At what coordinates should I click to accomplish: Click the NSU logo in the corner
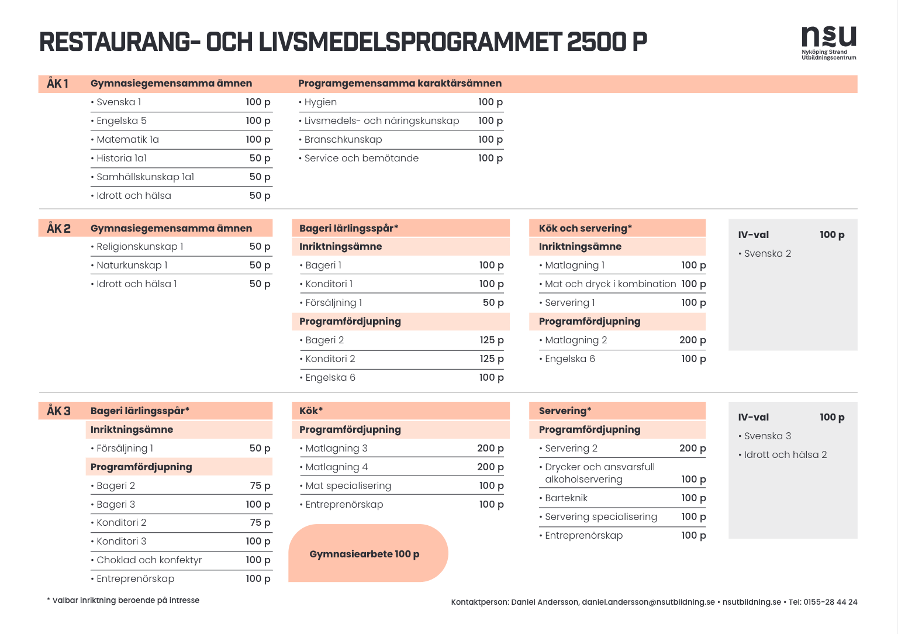click(x=828, y=43)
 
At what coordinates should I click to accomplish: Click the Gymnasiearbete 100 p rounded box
click(x=368, y=553)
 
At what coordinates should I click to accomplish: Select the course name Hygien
click(x=320, y=102)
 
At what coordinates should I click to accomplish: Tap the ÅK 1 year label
click(x=57, y=84)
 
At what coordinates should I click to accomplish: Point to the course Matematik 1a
click(x=127, y=140)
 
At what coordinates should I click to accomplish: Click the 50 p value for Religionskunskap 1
click(x=260, y=247)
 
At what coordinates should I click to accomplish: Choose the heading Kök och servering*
click(x=585, y=228)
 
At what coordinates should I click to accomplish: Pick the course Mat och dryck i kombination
click(x=610, y=284)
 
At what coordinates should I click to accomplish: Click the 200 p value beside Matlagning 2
click(x=692, y=340)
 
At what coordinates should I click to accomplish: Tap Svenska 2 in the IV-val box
click(x=767, y=253)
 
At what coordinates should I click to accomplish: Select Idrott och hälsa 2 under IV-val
click(x=785, y=455)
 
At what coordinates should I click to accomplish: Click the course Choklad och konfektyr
click(x=149, y=560)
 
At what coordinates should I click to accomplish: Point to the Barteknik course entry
click(x=566, y=498)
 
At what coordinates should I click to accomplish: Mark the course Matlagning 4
click(x=336, y=467)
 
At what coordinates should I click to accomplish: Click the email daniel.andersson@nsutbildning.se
click(x=648, y=602)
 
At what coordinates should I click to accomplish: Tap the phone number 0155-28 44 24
click(x=830, y=602)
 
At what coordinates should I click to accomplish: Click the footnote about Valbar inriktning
click(x=123, y=600)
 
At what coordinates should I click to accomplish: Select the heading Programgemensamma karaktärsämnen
click(x=400, y=84)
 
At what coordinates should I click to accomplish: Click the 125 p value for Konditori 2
click(x=492, y=359)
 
